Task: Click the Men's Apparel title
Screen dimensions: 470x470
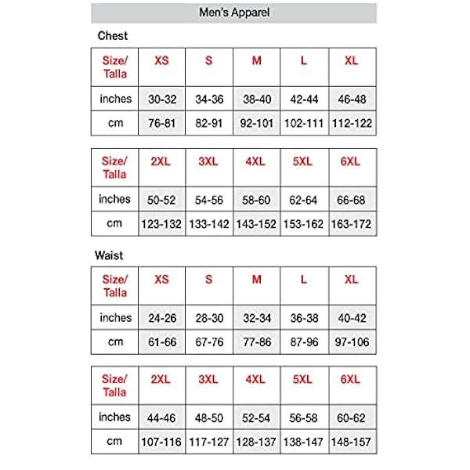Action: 233,13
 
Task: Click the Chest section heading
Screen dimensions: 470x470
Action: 112,36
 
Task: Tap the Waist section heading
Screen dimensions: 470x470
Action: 110,255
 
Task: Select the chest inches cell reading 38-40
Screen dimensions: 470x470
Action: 257,99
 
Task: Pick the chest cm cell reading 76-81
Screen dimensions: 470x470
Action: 161,123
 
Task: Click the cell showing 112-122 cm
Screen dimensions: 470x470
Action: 352,123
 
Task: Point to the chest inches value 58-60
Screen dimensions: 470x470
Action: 257,200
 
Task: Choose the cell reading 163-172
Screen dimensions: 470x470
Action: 352,224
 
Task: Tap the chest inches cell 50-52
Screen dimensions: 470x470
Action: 161,200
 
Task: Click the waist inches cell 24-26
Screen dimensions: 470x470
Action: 161,318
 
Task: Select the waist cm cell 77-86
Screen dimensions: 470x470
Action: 257,342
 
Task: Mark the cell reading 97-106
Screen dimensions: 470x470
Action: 352,342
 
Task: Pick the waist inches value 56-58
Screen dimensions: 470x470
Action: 304,418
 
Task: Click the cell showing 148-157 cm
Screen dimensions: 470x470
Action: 352,443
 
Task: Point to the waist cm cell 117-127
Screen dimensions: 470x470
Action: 209,443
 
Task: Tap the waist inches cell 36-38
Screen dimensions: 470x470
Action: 304,318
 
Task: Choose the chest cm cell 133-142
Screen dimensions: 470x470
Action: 209,224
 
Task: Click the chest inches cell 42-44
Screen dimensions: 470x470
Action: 304,99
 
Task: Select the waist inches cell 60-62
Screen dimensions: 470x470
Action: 352,418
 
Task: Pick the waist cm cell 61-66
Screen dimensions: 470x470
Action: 161,342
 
